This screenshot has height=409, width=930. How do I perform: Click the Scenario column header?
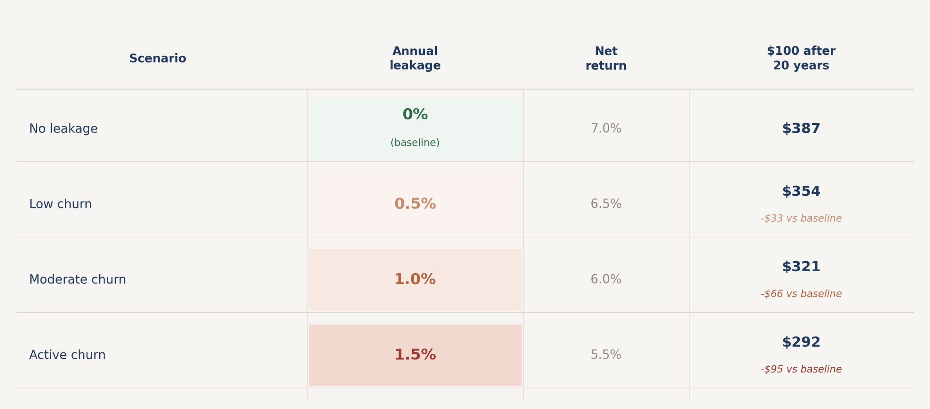point(157,58)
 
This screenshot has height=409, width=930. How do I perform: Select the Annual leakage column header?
point(415,58)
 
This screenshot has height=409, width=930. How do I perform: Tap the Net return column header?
point(606,58)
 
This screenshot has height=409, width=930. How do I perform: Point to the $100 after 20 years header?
point(801,58)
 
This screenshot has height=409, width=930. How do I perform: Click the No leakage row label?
point(63,129)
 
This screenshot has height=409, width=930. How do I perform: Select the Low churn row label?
point(60,204)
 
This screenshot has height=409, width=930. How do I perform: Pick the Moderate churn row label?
point(77,279)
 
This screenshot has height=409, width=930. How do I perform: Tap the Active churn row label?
point(67,355)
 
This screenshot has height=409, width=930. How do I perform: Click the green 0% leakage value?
point(415,115)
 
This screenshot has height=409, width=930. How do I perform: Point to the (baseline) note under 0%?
point(415,143)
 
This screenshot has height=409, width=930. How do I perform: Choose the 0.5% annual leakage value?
point(415,204)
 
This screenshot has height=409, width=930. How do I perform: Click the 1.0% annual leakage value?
point(415,279)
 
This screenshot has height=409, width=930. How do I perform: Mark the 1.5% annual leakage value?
point(415,355)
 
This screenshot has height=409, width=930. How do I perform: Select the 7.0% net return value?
point(606,129)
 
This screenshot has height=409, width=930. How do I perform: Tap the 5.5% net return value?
point(606,355)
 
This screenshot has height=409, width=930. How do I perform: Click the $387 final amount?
point(801,129)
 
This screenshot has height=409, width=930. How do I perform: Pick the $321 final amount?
point(801,267)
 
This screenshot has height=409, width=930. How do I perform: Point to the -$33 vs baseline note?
point(801,218)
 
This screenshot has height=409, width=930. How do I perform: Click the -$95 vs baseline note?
point(801,370)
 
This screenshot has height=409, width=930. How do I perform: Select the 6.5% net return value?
point(606,204)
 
